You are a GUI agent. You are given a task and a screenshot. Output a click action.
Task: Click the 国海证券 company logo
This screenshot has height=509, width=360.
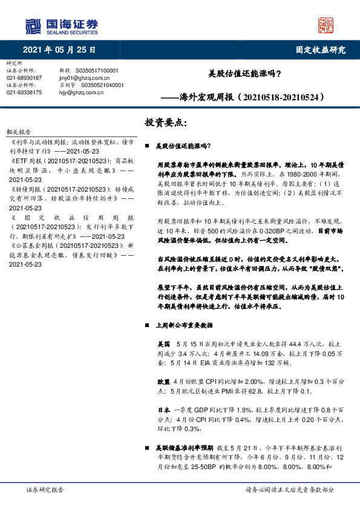[61, 25]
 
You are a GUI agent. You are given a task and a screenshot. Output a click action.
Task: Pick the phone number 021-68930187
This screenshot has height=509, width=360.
[24, 78]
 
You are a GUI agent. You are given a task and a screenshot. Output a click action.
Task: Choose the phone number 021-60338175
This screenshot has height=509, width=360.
[24, 92]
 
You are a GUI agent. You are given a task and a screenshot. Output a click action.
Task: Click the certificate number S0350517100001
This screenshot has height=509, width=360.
[100, 71]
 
